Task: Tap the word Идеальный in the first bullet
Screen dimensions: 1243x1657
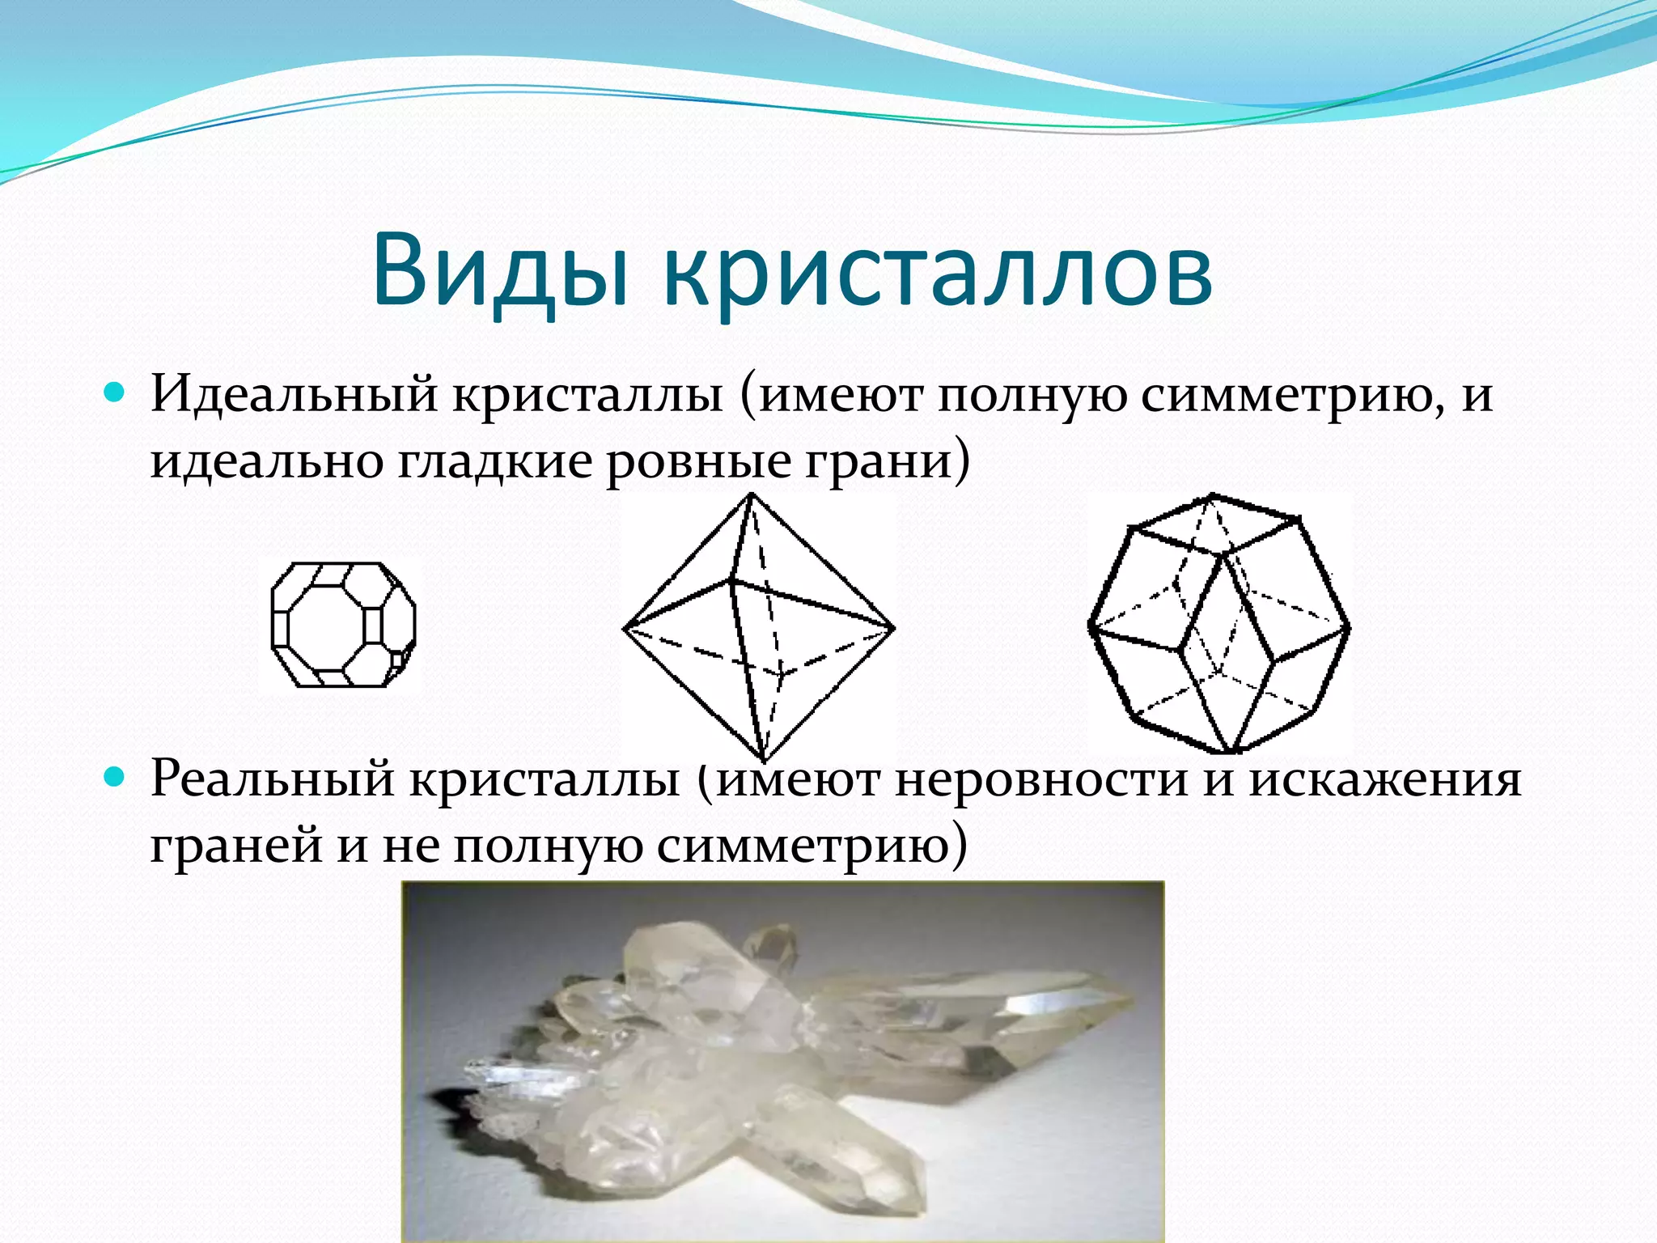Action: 293,395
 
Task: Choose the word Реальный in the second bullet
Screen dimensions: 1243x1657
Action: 272,778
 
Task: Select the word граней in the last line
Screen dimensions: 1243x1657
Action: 236,846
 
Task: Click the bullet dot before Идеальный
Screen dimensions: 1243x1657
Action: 115,394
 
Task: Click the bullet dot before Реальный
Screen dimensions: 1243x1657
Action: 115,778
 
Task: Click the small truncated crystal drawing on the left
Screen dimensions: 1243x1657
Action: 343,625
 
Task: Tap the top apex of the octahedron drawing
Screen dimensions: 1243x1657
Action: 752,495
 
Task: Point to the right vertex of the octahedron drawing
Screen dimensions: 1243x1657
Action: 893,627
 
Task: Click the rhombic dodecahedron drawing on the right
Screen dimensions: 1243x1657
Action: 1218,623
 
